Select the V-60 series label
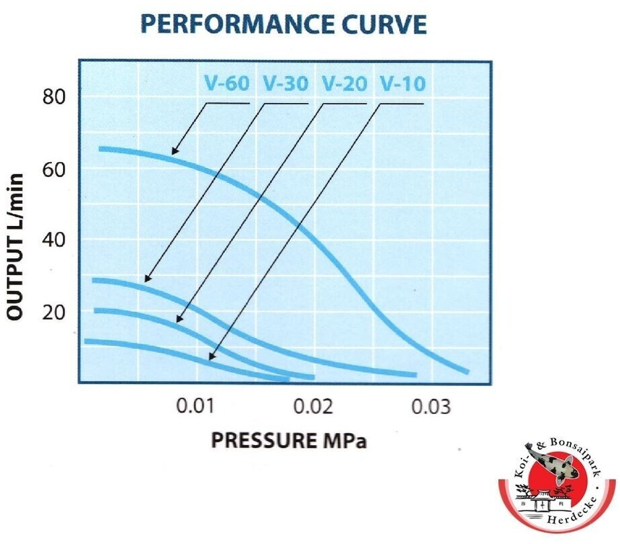pos(226,83)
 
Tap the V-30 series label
pos(285,83)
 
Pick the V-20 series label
pos(345,83)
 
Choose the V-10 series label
pos(402,83)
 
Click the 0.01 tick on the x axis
pos(195,406)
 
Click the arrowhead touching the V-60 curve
pos(174,152)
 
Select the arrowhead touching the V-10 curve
pos(211,357)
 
